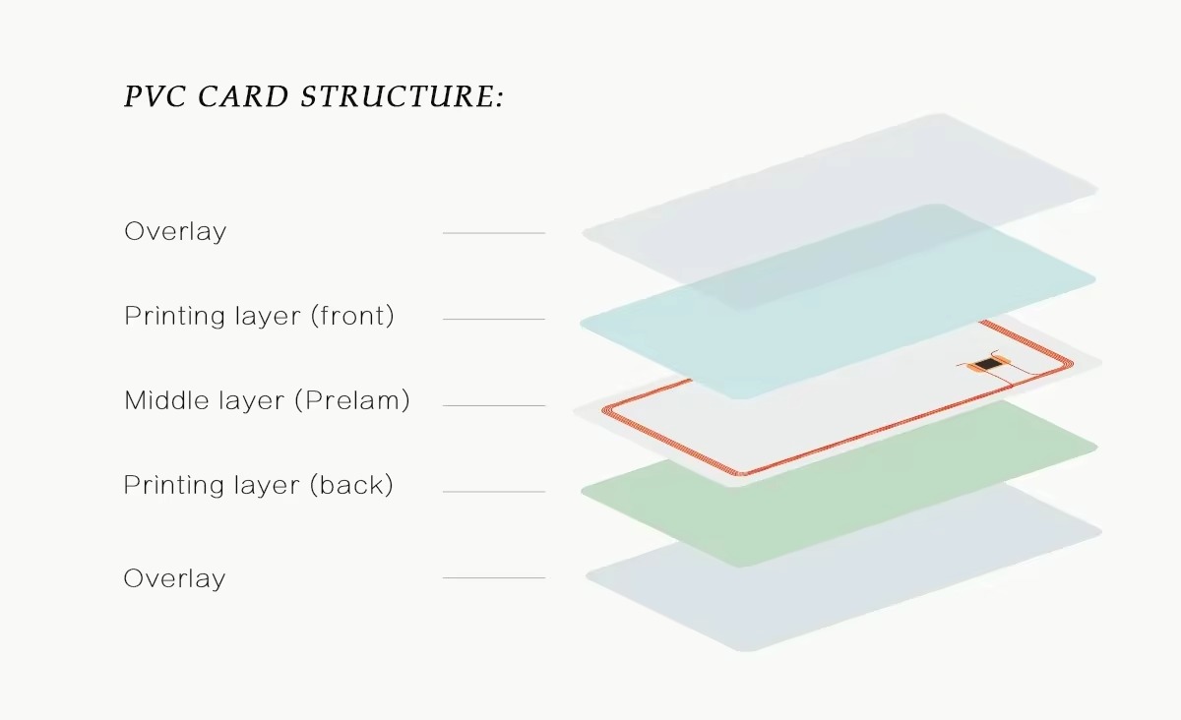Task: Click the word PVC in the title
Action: click(155, 96)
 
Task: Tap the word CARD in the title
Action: click(243, 96)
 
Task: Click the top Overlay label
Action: click(175, 232)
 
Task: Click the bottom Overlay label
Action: click(174, 578)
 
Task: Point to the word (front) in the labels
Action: click(352, 316)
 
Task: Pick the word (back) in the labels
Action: click(351, 485)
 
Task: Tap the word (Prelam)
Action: click(352, 400)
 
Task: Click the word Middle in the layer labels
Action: click(165, 400)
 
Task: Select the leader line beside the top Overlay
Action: click(494, 232)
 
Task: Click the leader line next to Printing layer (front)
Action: click(494, 319)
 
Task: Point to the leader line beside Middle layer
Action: click(494, 405)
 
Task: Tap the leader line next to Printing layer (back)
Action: click(494, 491)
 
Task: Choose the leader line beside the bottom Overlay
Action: click(494, 577)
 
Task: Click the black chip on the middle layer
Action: click(986, 364)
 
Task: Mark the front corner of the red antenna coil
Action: click(740, 473)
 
